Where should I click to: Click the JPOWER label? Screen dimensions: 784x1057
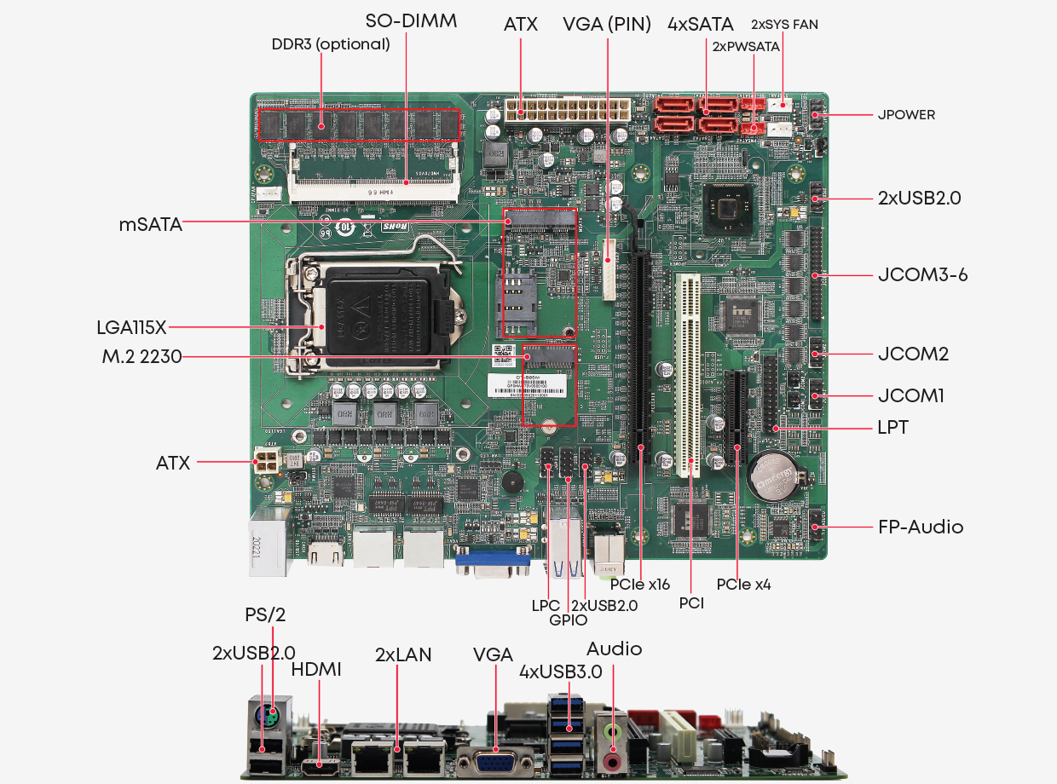click(x=906, y=114)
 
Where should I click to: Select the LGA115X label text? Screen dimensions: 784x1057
click(x=131, y=326)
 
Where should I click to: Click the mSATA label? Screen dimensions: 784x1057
click(x=150, y=225)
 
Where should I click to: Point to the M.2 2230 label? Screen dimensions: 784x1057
click(x=142, y=357)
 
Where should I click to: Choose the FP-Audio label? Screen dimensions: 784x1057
click(x=921, y=527)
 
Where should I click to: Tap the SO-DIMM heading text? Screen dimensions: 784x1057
click(x=411, y=21)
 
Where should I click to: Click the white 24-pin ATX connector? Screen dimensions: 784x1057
click(x=566, y=111)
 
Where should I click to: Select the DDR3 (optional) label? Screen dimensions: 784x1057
click(x=331, y=44)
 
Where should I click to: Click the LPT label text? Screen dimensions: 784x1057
click(x=893, y=427)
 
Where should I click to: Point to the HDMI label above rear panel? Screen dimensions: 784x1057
click(x=316, y=670)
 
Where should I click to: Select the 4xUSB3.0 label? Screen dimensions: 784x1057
click(x=560, y=672)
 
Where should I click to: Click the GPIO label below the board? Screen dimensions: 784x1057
click(x=568, y=620)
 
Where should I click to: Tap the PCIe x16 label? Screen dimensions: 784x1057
click(x=640, y=585)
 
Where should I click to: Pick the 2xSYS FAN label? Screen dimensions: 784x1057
click(x=784, y=25)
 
